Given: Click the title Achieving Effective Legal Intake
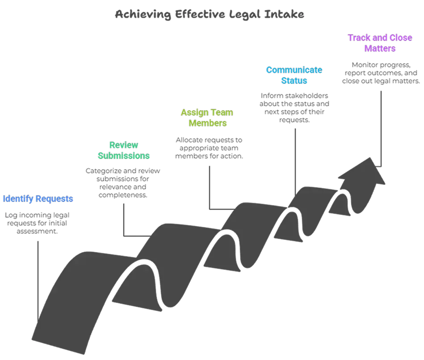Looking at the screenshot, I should [209, 15].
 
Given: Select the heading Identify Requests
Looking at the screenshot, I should [38, 199].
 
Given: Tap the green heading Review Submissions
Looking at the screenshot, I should [124, 151].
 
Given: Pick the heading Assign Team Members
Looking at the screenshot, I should [207, 118].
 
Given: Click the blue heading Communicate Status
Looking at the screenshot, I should [294, 75].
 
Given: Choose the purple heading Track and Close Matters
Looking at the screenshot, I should [374, 43].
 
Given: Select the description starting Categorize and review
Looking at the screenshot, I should [123, 183].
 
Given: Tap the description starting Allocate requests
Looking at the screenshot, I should [209, 148].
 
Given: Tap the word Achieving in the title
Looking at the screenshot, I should [142, 15].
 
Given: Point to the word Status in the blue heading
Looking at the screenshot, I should [294, 81].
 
